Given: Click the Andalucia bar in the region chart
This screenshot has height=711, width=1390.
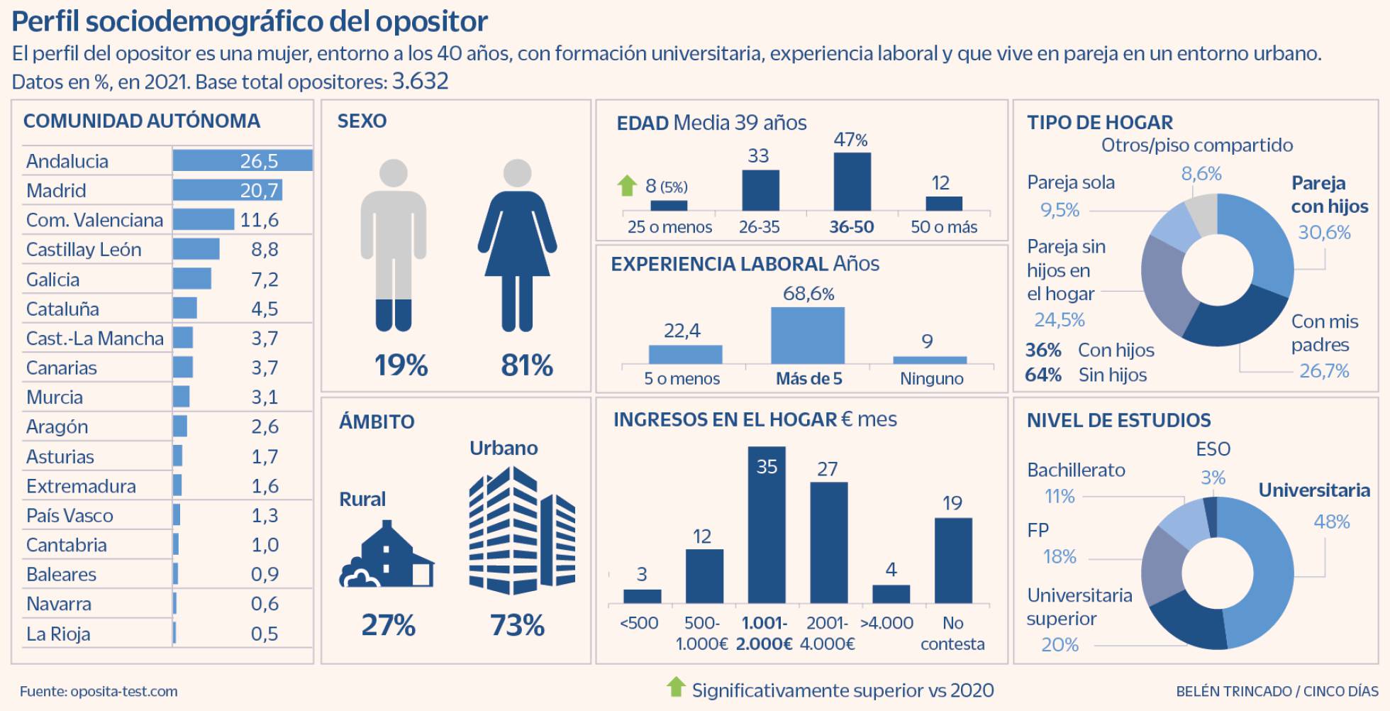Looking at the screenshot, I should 242,160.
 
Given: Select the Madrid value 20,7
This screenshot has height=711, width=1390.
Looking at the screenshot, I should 259,190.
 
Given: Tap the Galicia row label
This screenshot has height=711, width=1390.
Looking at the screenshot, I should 52,280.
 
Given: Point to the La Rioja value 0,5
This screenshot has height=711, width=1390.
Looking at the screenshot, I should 265,634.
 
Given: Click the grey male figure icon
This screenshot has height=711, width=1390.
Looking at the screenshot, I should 393,245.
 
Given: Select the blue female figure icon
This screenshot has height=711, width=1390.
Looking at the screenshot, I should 517,245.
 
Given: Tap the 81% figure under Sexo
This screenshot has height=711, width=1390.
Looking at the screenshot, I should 526,365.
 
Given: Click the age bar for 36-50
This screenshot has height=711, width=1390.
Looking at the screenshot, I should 852,182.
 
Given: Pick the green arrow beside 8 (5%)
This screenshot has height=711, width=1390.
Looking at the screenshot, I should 627,186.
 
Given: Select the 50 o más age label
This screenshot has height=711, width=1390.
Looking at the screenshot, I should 943,227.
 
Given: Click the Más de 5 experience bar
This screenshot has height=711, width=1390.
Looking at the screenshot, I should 808,335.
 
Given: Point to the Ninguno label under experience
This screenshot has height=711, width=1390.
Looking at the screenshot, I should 931,379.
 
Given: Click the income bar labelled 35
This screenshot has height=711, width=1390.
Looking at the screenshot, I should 767,525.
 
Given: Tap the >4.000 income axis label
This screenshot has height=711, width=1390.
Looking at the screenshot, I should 886,623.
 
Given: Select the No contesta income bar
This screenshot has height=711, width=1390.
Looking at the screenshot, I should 953,561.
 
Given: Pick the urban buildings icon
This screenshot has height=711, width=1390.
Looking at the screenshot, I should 522,531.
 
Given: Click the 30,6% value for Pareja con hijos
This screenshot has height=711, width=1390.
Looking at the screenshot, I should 1324,232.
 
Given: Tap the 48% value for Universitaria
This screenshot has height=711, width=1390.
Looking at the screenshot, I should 1331,522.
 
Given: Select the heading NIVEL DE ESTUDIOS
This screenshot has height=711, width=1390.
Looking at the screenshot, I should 1118,420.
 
